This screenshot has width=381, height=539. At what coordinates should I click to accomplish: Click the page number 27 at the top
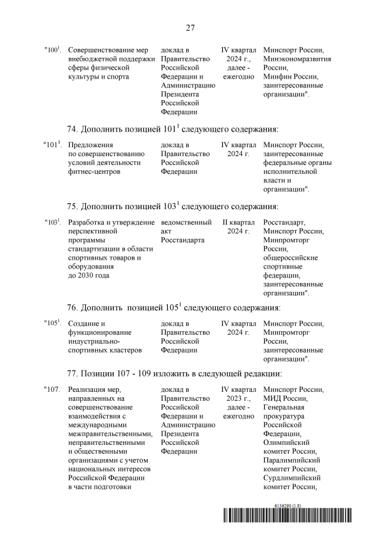tap(190, 27)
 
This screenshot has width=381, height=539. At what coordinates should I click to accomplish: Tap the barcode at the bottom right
tap(295, 519)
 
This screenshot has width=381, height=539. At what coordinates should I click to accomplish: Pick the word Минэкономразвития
tap(297, 59)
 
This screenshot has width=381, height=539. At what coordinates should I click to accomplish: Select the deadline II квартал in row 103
tap(238, 222)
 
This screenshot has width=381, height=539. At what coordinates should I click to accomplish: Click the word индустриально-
tap(95, 341)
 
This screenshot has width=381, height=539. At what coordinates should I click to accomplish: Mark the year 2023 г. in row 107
tap(238, 398)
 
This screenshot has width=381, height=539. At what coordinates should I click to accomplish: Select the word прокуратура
tap(283, 416)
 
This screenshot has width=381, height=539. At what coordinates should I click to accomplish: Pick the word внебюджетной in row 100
tap(95, 59)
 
